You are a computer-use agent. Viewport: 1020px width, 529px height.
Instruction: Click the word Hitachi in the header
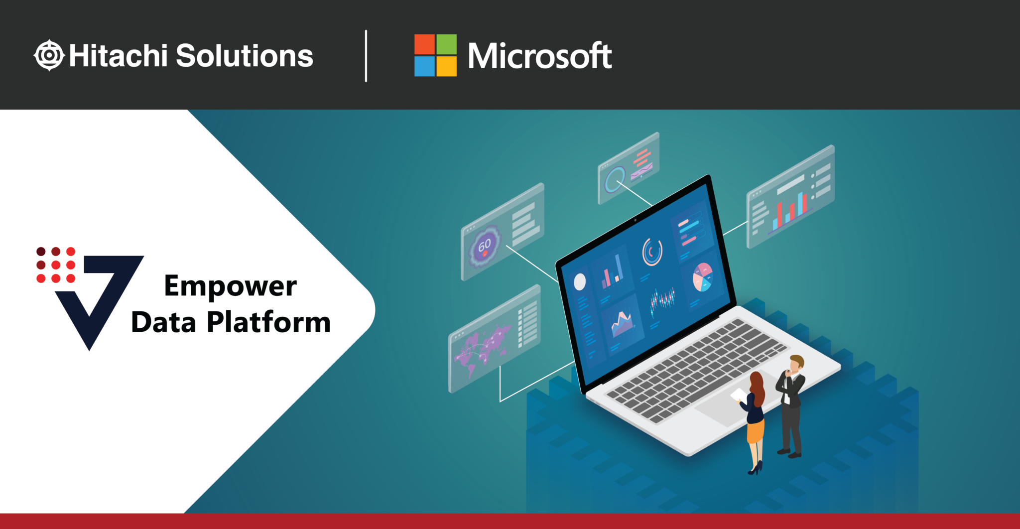[118, 55]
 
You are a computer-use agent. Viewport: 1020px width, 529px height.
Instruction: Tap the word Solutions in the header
[244, 55]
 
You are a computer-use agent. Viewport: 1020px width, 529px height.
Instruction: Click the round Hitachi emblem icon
[49, 55]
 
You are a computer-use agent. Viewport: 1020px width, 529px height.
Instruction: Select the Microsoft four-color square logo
[435, 55]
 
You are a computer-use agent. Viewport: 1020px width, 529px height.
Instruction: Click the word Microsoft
[539, 56]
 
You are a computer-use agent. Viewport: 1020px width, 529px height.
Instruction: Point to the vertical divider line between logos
[366, 55]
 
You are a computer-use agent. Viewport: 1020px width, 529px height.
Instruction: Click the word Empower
[230, 286]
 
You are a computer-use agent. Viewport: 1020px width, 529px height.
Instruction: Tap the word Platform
[268, 322]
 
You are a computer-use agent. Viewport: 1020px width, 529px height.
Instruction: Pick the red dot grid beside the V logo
[56, 264]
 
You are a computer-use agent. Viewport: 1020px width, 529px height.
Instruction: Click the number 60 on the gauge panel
[484, 246]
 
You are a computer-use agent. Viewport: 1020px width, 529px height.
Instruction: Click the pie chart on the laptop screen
[703, 277]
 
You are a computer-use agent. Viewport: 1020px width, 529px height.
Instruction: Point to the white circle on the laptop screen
[580, 282]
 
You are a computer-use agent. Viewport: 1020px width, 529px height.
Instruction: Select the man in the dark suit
[790, 403]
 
